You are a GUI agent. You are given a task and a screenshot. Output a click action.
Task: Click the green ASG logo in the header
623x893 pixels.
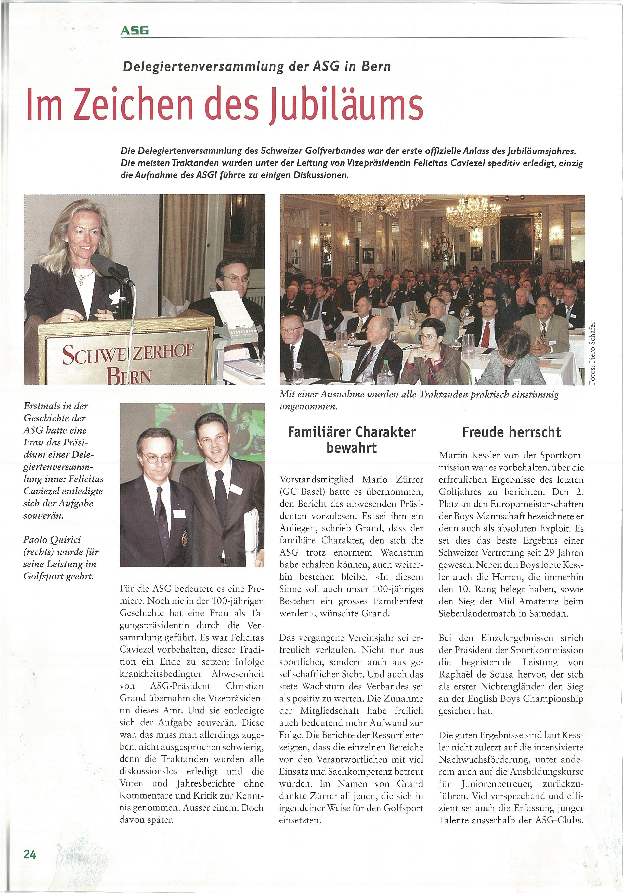135,30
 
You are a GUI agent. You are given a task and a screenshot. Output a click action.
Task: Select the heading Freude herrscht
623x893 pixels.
511,432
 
